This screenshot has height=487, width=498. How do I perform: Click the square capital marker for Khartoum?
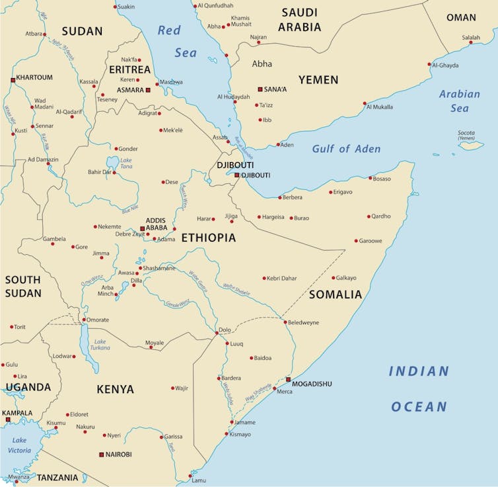click(x=13, y=80)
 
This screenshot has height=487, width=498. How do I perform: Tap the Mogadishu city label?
click(x=312, y=384)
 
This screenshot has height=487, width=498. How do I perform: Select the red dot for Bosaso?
click(x=371, y=177)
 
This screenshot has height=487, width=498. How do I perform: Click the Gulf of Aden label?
click(x=346, y=149)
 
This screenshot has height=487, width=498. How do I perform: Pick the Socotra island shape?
click(x=471, y=145)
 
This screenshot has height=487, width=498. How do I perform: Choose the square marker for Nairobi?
click(x=101, y=455)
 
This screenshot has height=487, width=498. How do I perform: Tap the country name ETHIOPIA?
click(x=208, y=238)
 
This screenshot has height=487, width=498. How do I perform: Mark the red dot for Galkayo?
click(x=334, y=278)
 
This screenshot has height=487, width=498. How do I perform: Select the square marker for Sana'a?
click(x=260, y=89)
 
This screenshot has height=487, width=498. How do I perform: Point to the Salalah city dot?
click(x=471, y=42)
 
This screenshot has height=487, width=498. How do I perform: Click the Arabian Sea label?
click(x=460, y=101)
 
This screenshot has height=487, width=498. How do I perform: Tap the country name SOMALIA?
click(x=336, y=294)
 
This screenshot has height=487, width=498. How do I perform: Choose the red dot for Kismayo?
click(x=227, y=434)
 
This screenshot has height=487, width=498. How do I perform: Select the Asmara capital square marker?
click(x=148, y=90)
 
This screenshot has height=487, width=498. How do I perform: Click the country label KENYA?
click(x=116, y=389)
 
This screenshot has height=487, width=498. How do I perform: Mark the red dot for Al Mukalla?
click(x=365, y=103)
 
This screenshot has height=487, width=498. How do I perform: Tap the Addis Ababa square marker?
click(x=142, y=229)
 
